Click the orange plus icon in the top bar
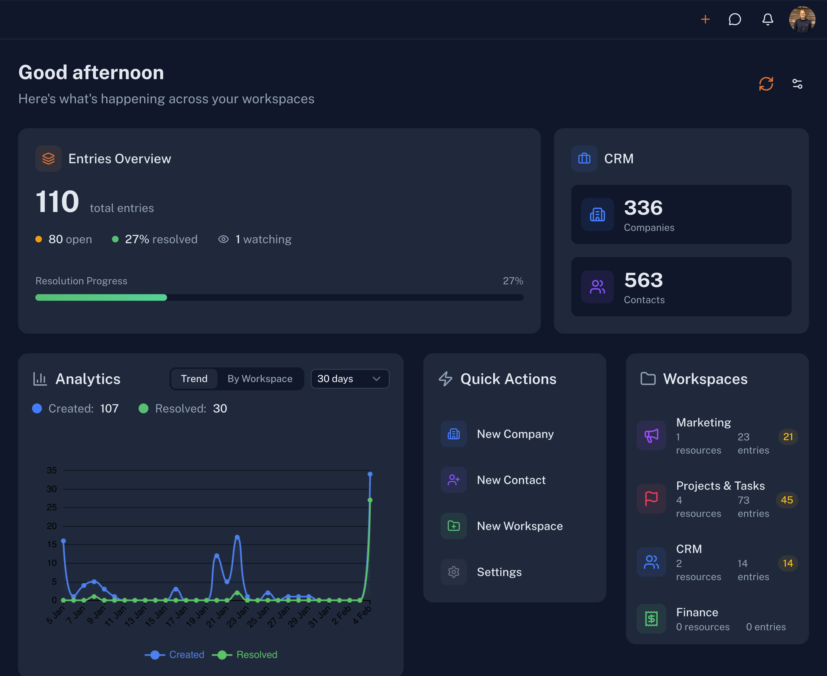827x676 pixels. pyautogui.click(x=705, y=19)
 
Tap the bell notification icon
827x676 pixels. pyautogui.click(x=767, y=19)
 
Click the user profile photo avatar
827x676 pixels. pyautogui.click(x=802, y=19)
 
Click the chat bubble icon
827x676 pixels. pyautogui.click(x=735, y=19)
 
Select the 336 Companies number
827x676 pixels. pyautogui.click(x=643, y=208)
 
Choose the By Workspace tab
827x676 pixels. pyautogui.click(x=260, y=379)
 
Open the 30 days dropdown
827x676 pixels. pyautogui.click(x=350, y=379)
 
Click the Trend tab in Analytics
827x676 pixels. pyautogui.click(x=194, y=379)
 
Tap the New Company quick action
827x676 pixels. pyautogui.click(x=515, y=434)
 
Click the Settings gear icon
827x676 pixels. pyautogui.click(x=453, y=572)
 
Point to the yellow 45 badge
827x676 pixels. pyautogui.click(x=786, y=500)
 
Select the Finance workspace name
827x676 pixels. pyautogui.click(x=697, y=612)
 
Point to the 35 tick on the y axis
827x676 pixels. pyautogui.click(x=52, y=470)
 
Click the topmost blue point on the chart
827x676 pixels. pyautogui.click(x=370, y=474)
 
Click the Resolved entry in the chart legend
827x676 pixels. pyautogui.click(x=256, y=655)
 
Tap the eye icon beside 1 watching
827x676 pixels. pyautogui.click(x=223, y=239)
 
